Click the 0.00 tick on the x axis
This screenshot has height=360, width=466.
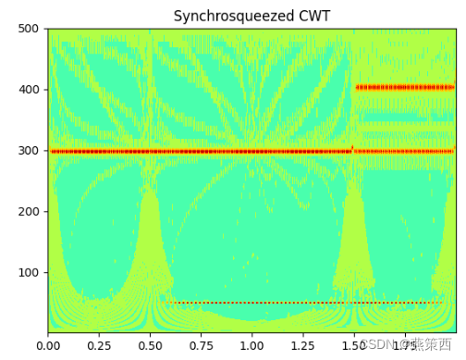click(48, 345)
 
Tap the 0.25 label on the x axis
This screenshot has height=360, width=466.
click(99, 345)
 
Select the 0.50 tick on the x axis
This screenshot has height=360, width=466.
click(150, 345)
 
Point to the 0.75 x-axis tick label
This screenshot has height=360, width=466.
click(201, 345)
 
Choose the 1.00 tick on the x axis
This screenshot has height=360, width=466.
click(251, 345)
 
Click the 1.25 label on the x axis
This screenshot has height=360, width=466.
click(302, 345)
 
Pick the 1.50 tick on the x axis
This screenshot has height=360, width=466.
click(353, 345)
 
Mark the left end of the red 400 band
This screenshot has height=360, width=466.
click(357, 88)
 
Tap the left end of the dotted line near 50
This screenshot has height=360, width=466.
click(169, 303)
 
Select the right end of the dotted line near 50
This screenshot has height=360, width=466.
click(442, 303)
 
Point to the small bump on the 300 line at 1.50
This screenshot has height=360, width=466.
click(352, 147)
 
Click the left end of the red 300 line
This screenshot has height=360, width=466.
click(52, 151)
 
